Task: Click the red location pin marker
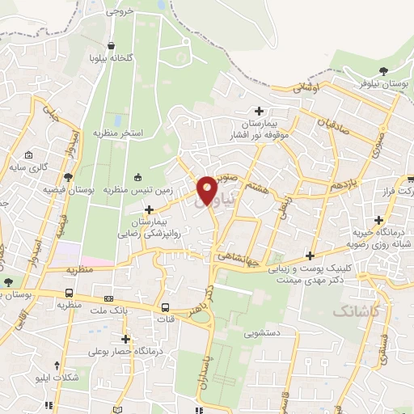coord(207,189)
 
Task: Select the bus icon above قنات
coord(165,307)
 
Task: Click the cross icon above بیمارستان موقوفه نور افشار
coord(259,111)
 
